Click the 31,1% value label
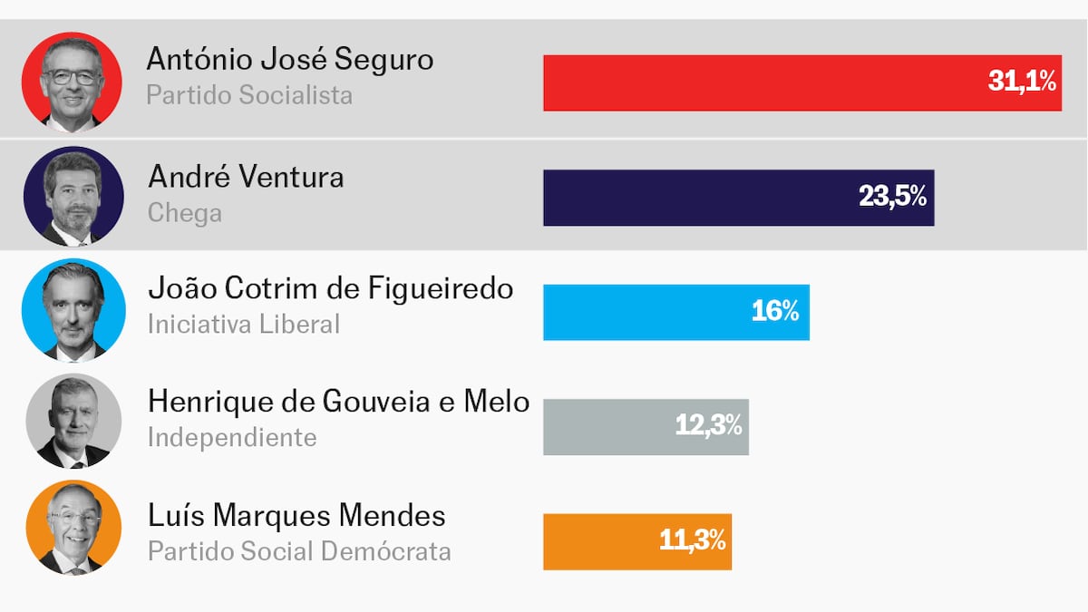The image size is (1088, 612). tap(1022, 83)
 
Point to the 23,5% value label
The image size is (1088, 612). tap(892, 197)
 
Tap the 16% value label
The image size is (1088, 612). tap(774, 312)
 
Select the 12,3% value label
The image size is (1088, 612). tap(708, 426)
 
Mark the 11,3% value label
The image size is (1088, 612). tap(692, 541)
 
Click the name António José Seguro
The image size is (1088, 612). tap(290, 60)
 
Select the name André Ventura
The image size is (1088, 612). tap(246, 176)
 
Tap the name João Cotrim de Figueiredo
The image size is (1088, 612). tap(330, 289)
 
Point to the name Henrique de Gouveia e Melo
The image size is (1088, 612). tap(338, 402)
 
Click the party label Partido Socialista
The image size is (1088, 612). tap(249, 95)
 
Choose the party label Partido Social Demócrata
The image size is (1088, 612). tap(299, 551)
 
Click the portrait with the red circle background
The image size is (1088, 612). tap(72, 82)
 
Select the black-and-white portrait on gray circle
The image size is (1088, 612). tap(73, 421)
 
